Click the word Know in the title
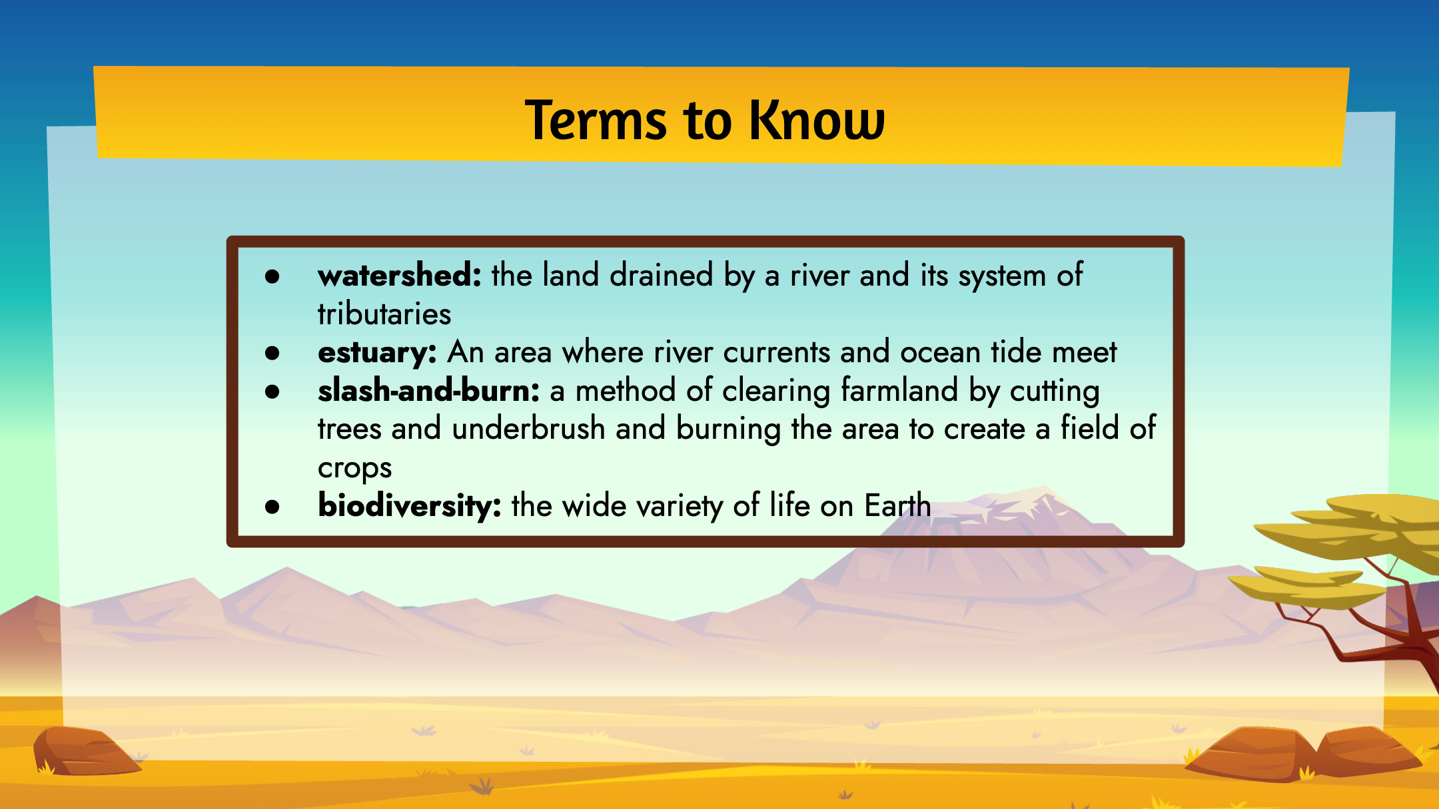click(817, 120)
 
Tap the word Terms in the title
click(596, 120)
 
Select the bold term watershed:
click(400, 275)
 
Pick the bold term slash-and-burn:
click(428, 390)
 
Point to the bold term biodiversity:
click(410, 505)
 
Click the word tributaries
click(384, 314)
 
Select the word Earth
click(897, 505)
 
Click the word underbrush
click(528, 428)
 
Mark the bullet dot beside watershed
click(272, 276)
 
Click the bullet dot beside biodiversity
click(272, 507)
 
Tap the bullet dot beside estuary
click(272, 354)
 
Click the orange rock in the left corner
click(83, 751)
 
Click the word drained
click(661, 275)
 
